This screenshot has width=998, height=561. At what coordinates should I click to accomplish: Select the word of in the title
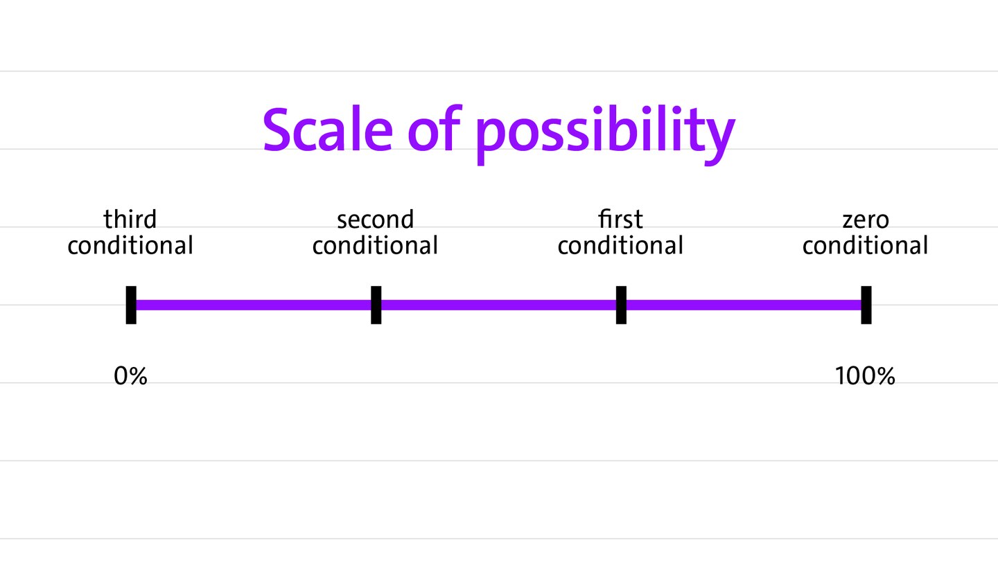coord(435,129)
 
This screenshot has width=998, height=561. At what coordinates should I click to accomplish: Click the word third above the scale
coord(130,219)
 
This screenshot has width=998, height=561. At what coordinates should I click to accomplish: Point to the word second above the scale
coord(375,219)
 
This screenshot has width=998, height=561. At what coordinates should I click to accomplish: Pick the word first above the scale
coord(620,219)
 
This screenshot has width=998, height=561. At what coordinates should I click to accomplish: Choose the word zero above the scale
coord(865,220)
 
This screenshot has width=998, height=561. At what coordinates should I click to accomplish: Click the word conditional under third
coord(130,245)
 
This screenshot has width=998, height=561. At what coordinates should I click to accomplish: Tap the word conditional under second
coord(375,245)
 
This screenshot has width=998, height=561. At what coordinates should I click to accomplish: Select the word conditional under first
coord(620,245)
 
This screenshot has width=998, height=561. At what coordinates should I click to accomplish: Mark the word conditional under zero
coord(865,245)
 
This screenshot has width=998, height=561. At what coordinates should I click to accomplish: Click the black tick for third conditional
coord(131,305)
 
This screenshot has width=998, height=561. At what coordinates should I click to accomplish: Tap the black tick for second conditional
coord(376,305)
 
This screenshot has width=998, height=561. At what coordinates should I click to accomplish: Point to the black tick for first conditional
coord(621,305)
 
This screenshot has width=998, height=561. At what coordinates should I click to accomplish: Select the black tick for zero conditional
coord(866,305)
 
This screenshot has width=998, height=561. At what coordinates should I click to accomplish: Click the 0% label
coord(130,376)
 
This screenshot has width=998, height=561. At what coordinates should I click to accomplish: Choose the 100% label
coord(865,376)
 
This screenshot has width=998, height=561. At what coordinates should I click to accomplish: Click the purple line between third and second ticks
coord(254,305)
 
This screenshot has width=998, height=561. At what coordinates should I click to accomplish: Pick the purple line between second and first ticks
coord(498,305)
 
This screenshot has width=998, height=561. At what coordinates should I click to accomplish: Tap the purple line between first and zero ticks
coord(744,305)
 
